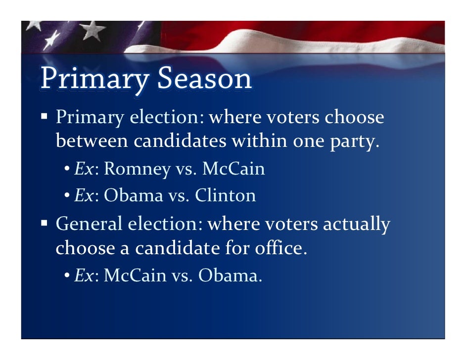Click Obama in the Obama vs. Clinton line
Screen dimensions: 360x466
pyautogui.click(x=133, y=196)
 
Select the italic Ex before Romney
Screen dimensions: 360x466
pyautogui.click(x=82, y=169)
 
